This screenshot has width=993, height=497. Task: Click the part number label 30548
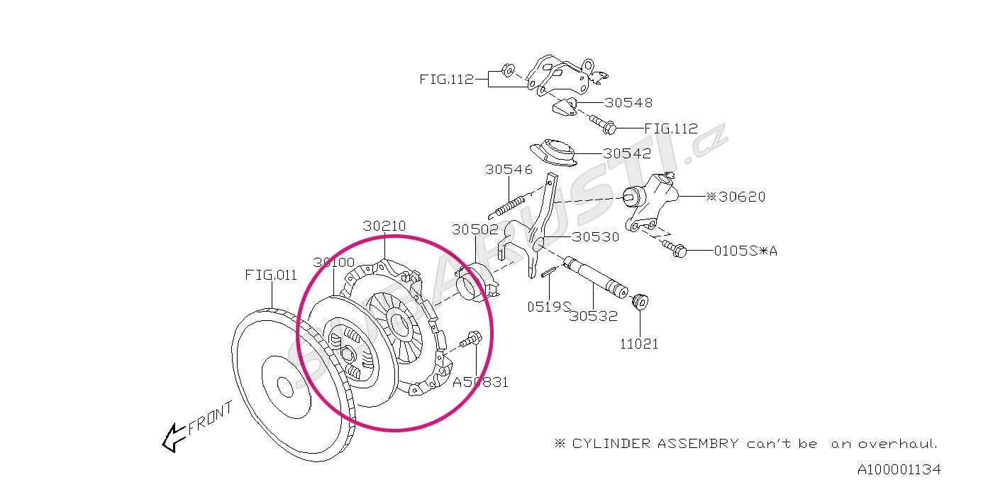628,103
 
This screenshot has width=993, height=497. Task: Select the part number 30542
627,153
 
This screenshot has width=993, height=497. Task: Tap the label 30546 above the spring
509,170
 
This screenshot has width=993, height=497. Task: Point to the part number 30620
741,197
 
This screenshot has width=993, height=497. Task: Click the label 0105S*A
745,251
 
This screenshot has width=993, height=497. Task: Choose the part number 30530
596,237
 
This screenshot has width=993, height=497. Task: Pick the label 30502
476,229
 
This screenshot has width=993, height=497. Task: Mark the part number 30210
384,226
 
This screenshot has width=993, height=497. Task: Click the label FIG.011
271,275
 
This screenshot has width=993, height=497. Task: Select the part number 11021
639,344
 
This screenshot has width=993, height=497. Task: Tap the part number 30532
594,317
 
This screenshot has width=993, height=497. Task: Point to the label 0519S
548,307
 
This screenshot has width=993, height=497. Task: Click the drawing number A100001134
899,470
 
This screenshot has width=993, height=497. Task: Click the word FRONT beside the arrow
210,420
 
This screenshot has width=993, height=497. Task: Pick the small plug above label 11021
639,300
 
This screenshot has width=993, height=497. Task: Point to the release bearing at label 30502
475,283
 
